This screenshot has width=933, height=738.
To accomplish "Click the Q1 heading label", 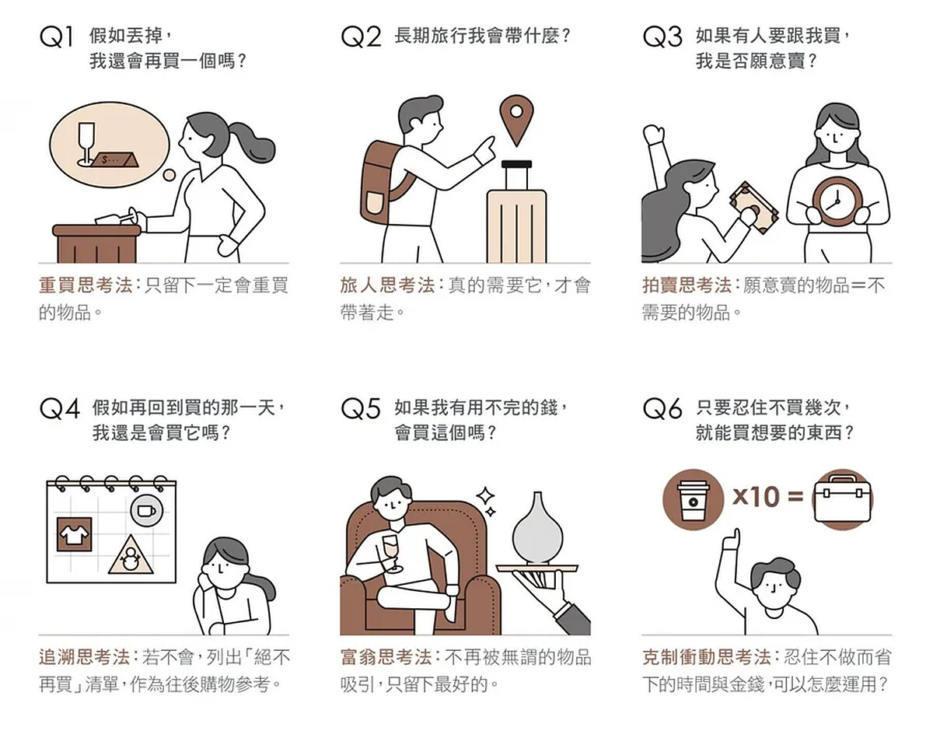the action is tap(56, 37).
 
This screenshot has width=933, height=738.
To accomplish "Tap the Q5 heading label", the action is tap(361, 408).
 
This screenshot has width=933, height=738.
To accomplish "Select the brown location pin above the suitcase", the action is tap(516, 120).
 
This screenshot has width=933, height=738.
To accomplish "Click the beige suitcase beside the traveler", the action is tap(516, 212).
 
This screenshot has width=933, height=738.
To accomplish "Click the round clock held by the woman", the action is tap(837, 201).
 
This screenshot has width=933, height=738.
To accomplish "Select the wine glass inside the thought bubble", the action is tap(87, 144).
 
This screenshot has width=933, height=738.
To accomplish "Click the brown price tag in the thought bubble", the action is tap(116, 160).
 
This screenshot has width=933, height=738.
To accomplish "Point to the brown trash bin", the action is tap(96, 243).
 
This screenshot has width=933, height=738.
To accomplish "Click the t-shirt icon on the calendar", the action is tap(74, 534).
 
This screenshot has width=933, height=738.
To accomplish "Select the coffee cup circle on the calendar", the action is tap(146, 510).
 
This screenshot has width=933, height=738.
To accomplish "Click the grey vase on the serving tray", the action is tap(537, 529).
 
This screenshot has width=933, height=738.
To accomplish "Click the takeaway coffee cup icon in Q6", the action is tap(694, 499).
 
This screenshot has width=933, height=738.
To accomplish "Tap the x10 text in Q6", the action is tap(756, 497).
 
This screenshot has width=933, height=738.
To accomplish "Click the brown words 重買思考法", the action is tap(86, 285).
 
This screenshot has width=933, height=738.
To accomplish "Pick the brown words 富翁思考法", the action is tap(386, 657).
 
